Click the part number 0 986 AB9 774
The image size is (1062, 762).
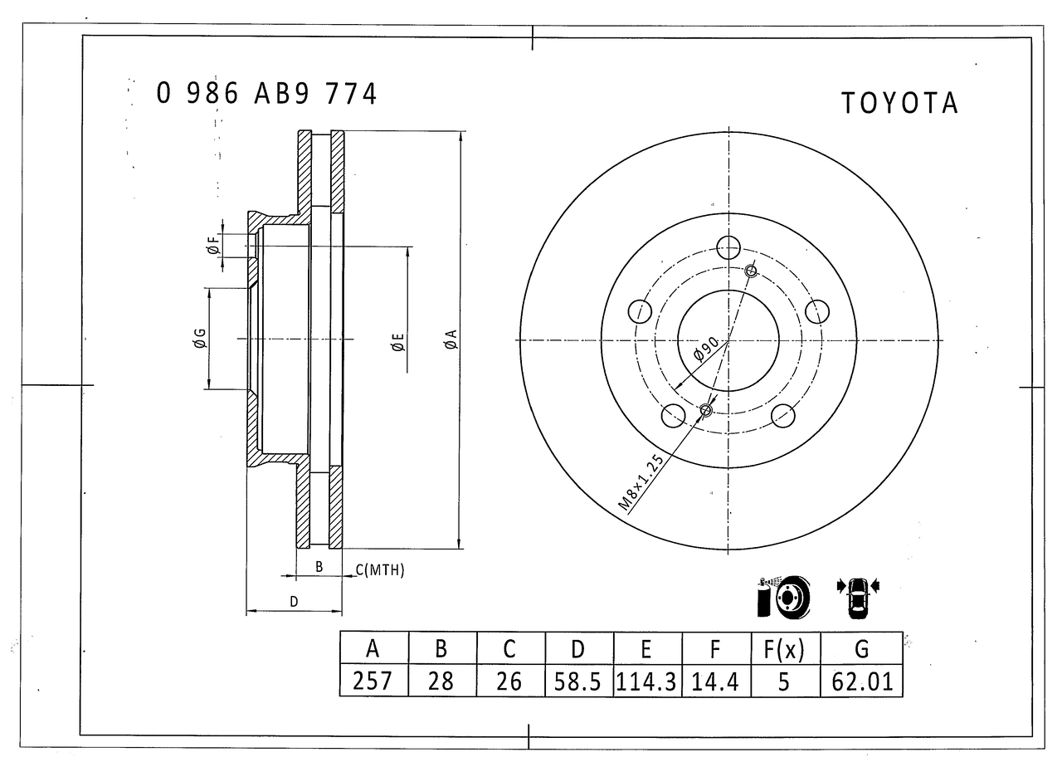(266, 94)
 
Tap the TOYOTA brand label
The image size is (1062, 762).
(899, 104)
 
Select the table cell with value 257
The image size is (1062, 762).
(373, 681)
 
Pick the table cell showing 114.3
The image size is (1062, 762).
(645, 681)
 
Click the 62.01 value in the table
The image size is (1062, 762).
(862, 681)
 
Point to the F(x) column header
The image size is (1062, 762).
(784, 649)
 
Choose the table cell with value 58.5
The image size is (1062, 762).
(577, 681)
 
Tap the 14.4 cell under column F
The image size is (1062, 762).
(715, 681)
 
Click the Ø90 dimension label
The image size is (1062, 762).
(705, 349)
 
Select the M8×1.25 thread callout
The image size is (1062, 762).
(641, 481)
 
